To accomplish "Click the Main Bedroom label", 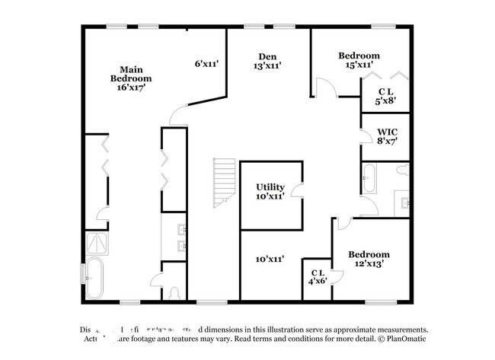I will click(x=130, y=78).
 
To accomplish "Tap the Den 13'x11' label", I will click(x=267, y=61).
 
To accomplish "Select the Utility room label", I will click(x=270, y=190).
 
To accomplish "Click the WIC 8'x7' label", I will click(x=388, y=135).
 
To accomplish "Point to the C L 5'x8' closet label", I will click(x=386, y=97).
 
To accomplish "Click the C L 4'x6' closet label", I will click(x=318, y=276).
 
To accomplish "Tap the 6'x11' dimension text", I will click(x=206, y=64).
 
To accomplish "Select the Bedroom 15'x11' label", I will click(x=359, y=60).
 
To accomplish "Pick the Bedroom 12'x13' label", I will click(x=369, y=259).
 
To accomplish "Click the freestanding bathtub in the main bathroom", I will click(x=94, y=279).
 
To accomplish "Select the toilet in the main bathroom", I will click(x=174, y=291).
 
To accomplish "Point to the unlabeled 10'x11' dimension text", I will click(x=270, y=259).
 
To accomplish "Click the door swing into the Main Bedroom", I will click(x=178, y=116).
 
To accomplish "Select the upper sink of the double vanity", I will click(x=181, y=230).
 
